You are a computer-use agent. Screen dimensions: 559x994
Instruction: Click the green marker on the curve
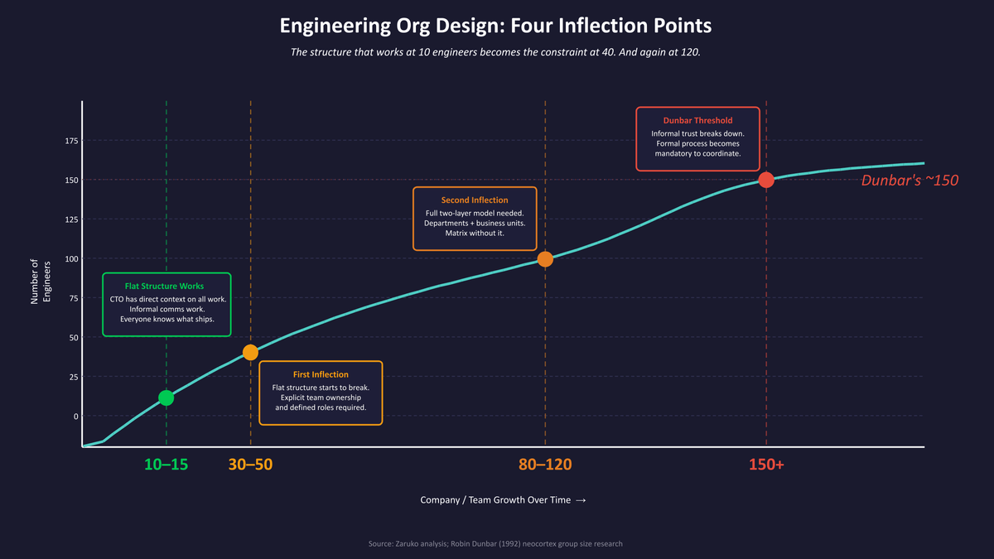tap(166, 398)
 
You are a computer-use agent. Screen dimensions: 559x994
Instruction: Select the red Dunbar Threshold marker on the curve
tap(766, 180)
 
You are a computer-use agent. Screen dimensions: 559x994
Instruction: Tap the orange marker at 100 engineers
tap(545, 258)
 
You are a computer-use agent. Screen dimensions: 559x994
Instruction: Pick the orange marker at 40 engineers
tap(250, 352)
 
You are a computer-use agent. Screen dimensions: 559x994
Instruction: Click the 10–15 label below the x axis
tap(166, 465)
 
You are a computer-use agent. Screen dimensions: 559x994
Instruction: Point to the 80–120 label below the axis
tap(545, 465)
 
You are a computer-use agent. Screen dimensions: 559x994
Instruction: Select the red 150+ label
tap(766, 465)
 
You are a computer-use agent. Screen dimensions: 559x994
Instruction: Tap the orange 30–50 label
tap(250, 465)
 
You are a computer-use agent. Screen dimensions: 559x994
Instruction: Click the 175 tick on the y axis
tap(71, 141)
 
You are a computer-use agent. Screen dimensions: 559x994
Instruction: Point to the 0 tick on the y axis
tap(75, 416)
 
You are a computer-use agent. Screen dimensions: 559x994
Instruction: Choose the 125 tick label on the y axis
tap(71, 219)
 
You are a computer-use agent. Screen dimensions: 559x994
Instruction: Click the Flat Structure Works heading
tap(164, 287)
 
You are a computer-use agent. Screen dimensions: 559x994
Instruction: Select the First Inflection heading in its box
tap(321, 374)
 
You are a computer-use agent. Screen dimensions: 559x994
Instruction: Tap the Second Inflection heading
tap(475, 200)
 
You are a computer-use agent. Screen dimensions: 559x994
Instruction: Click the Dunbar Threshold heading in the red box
tap(697, 121)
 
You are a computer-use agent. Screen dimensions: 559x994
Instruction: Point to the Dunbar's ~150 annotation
tap(910, 181)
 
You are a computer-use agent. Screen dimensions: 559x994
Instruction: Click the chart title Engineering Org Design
tap(495, 26)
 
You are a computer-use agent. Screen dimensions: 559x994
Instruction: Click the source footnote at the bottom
tap(495, 544)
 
